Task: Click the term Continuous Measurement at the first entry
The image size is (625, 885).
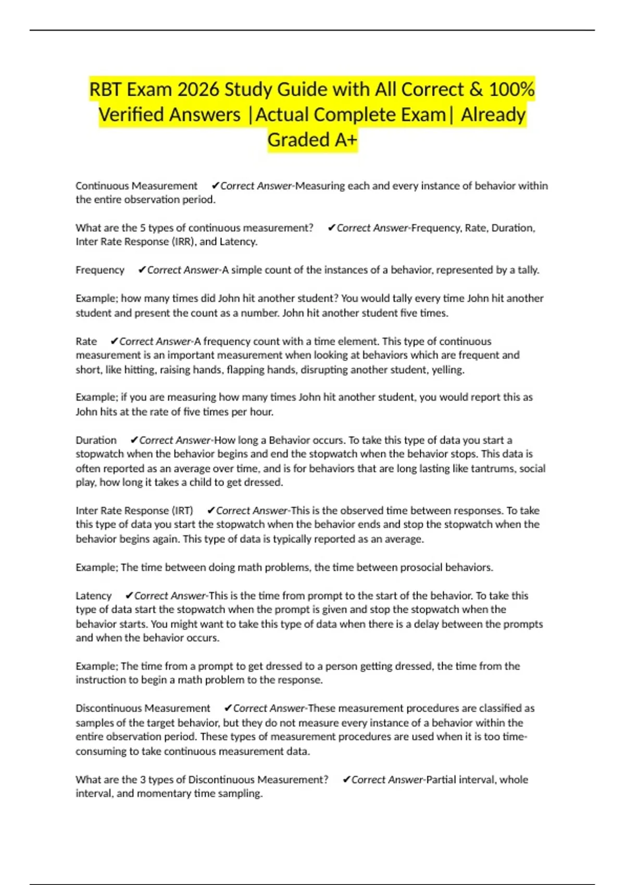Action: click(136, 186)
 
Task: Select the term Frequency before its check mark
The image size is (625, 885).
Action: click(100, 270)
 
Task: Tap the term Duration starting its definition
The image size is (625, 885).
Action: click(96, 440)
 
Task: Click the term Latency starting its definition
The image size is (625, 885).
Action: click(94, 596)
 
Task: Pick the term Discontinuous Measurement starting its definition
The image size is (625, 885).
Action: click(143, 709)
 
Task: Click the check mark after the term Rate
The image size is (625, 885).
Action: click(114, 342)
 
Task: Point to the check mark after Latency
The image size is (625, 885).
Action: click(129, 596)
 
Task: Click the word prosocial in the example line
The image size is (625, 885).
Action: click(421, 567)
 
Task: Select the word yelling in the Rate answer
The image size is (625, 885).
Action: click(448, 370)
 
